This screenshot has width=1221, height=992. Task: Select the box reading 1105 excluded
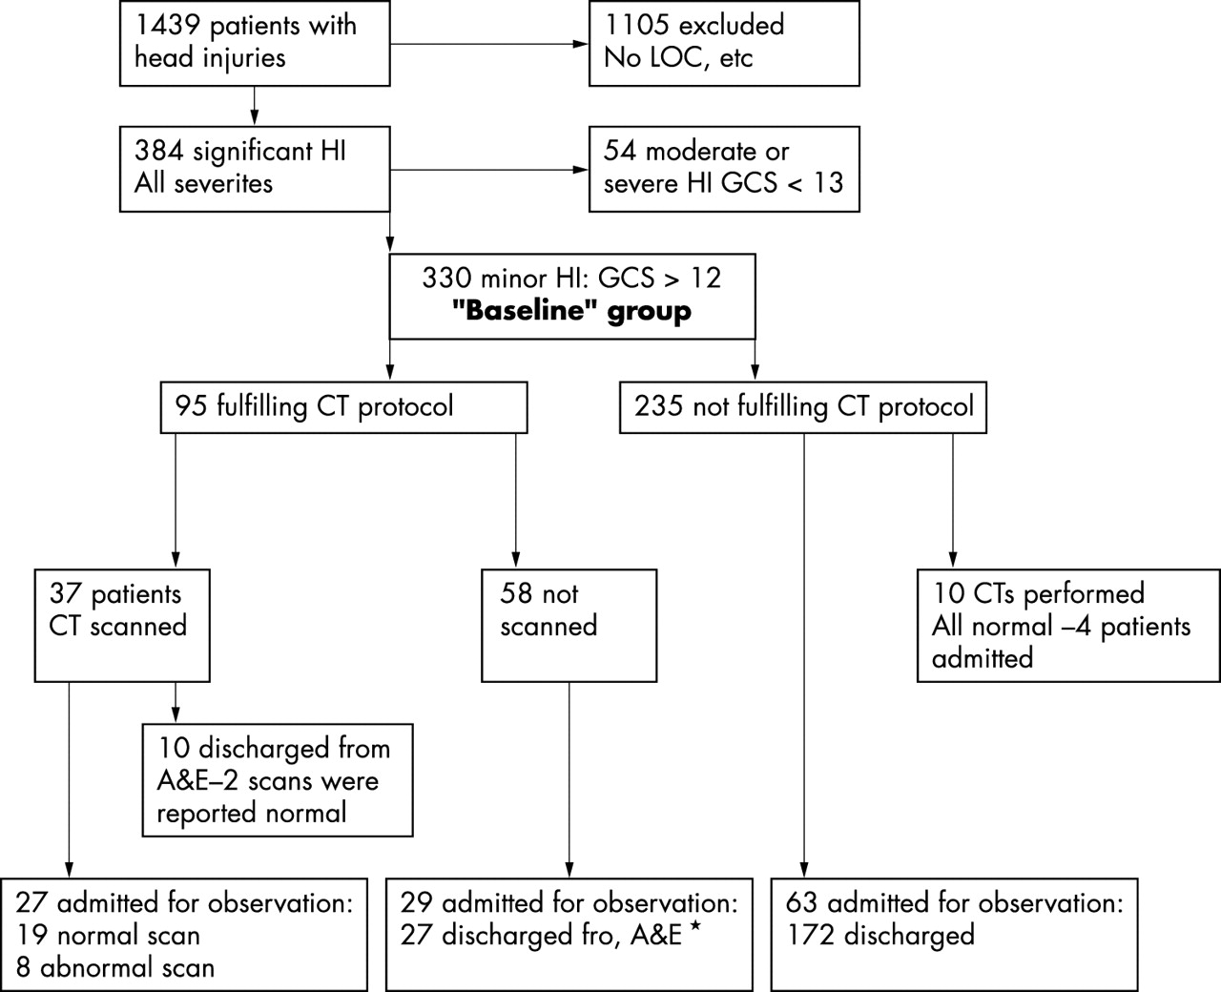tap(723, 43)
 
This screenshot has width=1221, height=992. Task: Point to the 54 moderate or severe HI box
tap(723, 168)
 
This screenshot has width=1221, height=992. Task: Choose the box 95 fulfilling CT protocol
tap(343, 407)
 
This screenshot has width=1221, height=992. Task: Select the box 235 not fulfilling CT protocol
tap(803, 407)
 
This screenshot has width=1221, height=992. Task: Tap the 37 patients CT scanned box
tap(122, 626)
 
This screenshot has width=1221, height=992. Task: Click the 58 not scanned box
tap(569, 626)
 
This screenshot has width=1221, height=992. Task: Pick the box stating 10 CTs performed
tap(1068, 626)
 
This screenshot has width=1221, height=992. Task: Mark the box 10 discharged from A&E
tap(278, 780)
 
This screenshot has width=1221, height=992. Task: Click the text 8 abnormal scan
tap(114, 967)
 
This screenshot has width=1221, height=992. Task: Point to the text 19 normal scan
tap(107, 935)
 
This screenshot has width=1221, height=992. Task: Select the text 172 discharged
tap(880, 935)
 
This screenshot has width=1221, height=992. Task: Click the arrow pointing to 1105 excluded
tap(578, 44)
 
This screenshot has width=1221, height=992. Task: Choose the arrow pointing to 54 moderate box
tap(578, 170)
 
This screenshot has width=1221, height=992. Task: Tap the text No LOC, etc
tap(678, 57)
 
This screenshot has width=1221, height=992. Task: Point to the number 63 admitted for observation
tap(803, 902)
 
